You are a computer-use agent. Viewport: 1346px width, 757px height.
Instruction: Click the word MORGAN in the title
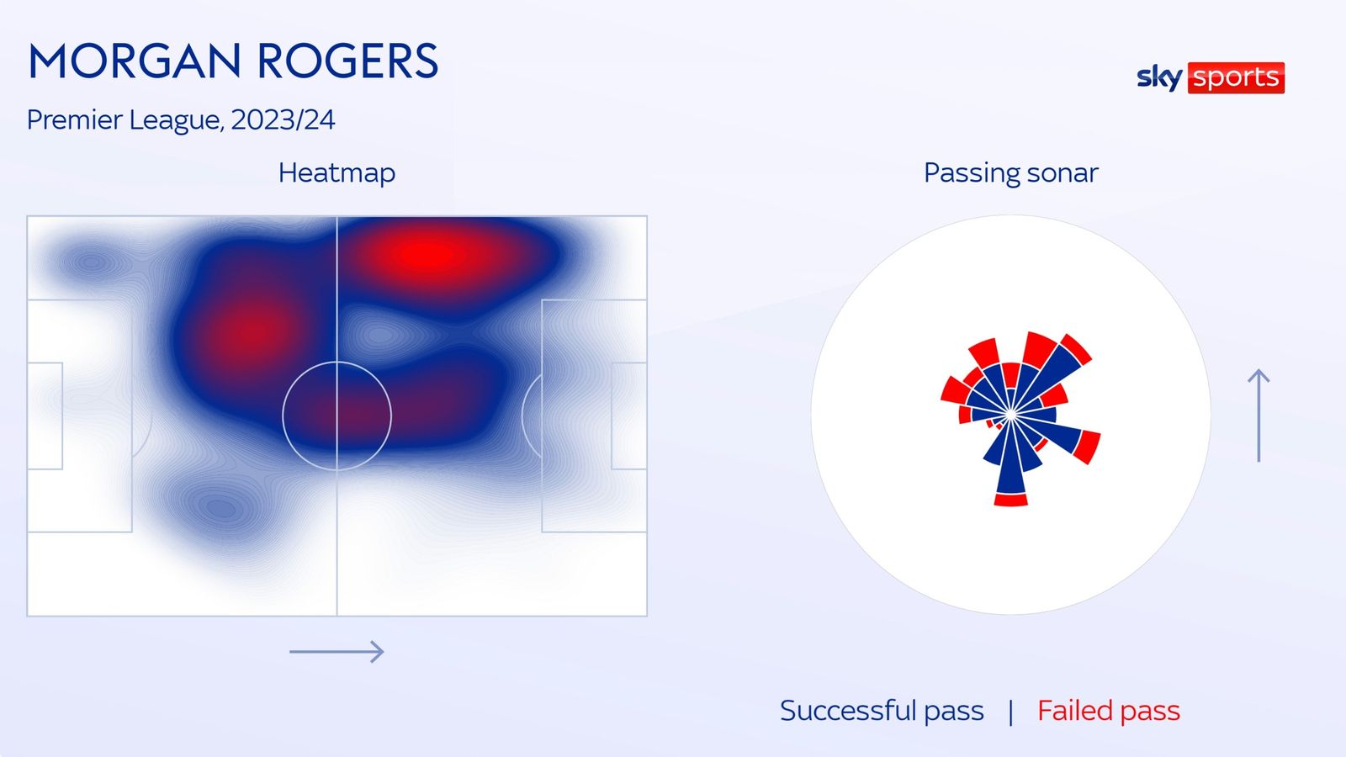pyautogui.click(x=135, y=61)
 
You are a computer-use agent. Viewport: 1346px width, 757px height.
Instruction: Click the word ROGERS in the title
pyautogui.click(x=347, y=61)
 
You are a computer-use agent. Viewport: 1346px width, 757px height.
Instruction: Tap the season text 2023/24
pyautogui.click(x=283, y=119)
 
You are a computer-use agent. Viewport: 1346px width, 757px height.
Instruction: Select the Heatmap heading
pyautogui.click(x=336, y=172)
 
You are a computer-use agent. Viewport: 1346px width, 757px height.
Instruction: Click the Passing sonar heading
pyautogui.click(x=1010, y=172)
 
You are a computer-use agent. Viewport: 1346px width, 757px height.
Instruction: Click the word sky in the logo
pyautogui.click(x=1158, y=77)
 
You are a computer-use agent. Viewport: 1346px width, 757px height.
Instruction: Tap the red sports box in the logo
pyautogui.click(x=1235, y=77)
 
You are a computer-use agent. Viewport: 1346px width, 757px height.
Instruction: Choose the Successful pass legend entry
pyautogui.click(x=881, y=711)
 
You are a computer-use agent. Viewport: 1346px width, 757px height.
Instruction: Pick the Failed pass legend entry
pyautogui.click(x=1108, y=711)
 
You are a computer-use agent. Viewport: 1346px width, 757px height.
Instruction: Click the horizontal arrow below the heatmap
pyautogui.click(x=336, y=651)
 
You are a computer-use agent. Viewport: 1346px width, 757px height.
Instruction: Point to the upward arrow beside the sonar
pyautogui.click(x=1259, y=415)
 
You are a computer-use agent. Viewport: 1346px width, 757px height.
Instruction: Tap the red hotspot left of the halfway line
pyautogui.click(x=250, y=332)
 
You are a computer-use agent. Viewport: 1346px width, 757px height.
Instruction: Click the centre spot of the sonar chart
pyautogui.click(x=1010, y=415)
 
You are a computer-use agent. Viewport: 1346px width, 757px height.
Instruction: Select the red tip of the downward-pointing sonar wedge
pyautogui.click(x=1010, y=500)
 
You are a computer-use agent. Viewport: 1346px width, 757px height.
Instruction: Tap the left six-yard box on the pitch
pyautogui.click(x=45, y=416)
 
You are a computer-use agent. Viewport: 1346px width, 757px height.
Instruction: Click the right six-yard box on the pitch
pyautogui.click(x=628, y=416)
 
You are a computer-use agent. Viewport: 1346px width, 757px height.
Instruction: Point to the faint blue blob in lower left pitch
pyautogui.click(x=220, y=507)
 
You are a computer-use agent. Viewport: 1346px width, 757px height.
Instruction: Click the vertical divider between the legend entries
pyautogui.click(x=1010, y=712)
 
